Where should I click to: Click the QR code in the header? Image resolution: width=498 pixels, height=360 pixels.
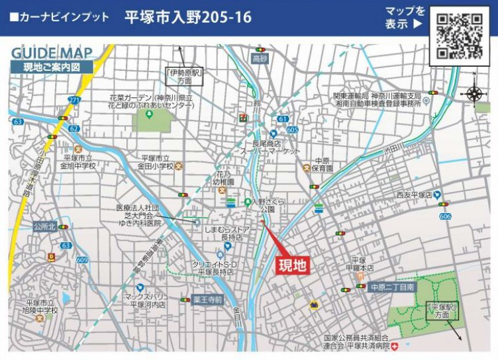tap(460, 36)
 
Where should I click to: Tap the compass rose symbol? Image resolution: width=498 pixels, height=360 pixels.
tap(475, 93)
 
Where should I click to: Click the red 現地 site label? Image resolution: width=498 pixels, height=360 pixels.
tap(292, 266)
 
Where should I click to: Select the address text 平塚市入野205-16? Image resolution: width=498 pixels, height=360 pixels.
tap(188, 17)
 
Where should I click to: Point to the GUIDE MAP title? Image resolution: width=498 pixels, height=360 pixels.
tap(52, 53)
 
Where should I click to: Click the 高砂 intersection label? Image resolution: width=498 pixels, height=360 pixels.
tap(260, 60)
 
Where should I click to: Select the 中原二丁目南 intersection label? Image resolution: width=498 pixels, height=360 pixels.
tap(392, 287)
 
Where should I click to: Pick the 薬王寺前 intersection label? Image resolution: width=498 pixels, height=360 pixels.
tap(207, 299)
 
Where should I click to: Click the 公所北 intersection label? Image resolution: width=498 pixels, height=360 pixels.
tap(43, 226)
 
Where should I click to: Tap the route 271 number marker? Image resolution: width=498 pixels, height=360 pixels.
tap(74, 100)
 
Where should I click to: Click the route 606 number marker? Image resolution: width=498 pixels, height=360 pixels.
tap(445, 216)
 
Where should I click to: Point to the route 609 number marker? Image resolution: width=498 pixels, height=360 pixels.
tap(82, 260)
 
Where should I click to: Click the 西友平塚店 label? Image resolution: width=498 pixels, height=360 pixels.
tap(414, 195)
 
